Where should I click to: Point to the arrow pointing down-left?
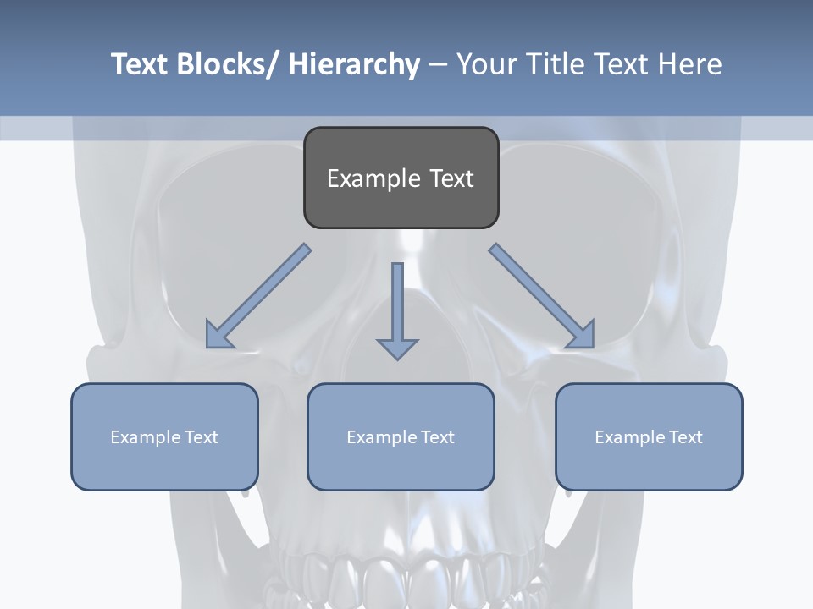pos(258,296)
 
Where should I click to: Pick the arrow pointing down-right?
pos(542,296)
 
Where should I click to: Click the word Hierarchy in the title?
pos(355,64)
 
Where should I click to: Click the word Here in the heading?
pos(690,64)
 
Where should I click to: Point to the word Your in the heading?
pos(485,64)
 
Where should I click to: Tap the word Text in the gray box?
pos(451,178)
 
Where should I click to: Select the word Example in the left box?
pos(145,437)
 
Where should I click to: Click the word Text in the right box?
pos(685,437)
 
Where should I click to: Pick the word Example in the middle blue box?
pos(381,437)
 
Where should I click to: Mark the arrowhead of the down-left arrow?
pos(218,336)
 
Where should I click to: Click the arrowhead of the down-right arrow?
pos(583,336)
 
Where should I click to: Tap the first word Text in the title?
pos(141,64)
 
